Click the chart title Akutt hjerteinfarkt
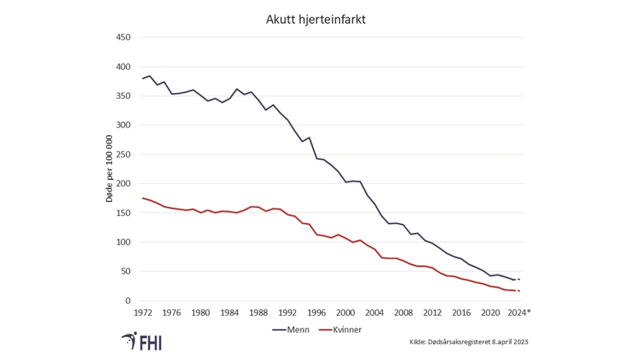click(x=315, y=20)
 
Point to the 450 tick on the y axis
click(x=123, y=38)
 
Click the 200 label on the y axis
click(x=123, y=184)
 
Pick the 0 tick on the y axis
click(x=128, y=301)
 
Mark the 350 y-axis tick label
click(x=123, y=96)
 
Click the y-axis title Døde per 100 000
click(x=110, y=169)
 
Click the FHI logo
click(x=142, y=342)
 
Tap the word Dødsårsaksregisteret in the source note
click(x=464, y=342)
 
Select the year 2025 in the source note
click(x=521, y=342)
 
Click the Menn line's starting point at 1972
click(x=143, y=78)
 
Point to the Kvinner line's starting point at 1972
click(x=143, y=198)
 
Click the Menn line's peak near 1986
click(x=236, y=89)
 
